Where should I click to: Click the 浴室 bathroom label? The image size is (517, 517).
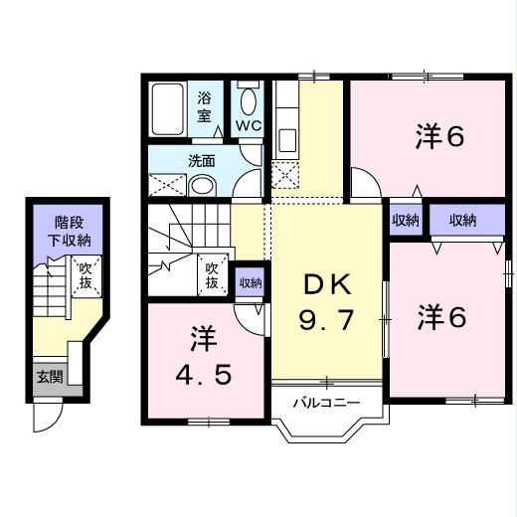(x=205, y=106)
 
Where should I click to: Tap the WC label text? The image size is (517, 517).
(x=248, y=126)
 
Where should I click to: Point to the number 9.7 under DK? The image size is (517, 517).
(x=327, y=320)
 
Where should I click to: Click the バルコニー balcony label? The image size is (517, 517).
(x=325, y=403)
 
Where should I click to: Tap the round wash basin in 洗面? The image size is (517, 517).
(x=203, y=186)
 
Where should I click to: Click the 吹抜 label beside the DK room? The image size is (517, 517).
(x=212, y=275)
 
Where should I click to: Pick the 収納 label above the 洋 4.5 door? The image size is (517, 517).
(x=250, y=282)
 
